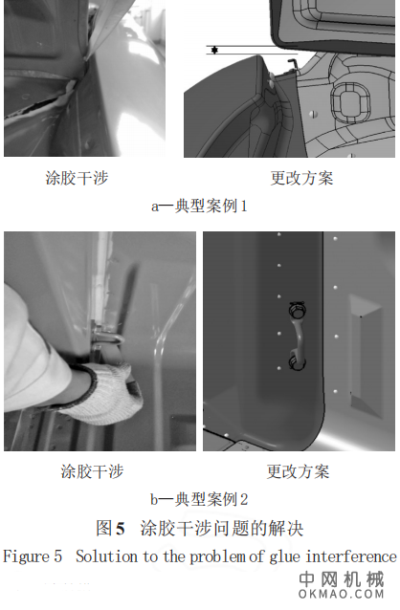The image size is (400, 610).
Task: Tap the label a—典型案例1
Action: coord(199,206)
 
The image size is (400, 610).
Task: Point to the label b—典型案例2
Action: coord(199,498)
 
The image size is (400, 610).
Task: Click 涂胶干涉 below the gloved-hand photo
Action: coord(92,471)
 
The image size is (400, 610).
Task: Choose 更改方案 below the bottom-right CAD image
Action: coord(298,471)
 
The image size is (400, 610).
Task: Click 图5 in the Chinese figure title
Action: coord(111,528)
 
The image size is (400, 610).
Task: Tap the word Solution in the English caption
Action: coord(104,556)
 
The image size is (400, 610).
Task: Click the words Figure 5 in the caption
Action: coord(34,556)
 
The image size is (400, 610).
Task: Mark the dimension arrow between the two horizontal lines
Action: coord(216,50)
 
